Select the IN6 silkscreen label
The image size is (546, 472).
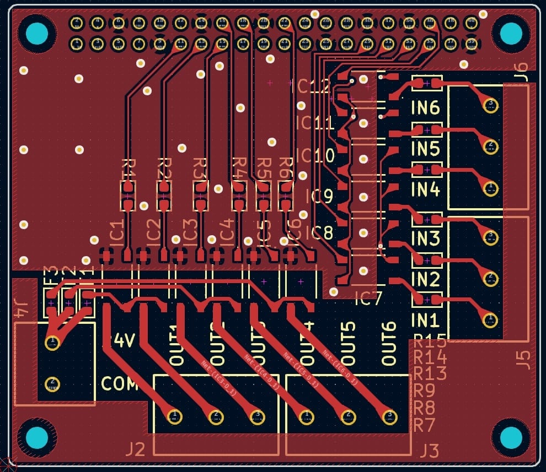tap(426, 107)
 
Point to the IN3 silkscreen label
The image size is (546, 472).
tap(426, 238)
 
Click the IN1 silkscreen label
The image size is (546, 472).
tap(426, 319)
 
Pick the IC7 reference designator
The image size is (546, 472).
tap(368, 299)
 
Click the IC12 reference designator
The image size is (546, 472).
tap(313, 86)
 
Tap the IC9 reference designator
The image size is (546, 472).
tap(319, 196)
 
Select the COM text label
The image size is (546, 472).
tap(119, 383)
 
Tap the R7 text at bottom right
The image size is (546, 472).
tap(424, 425)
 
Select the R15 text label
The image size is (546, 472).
tap(430, 341)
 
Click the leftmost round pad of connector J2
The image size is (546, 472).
tap(174, 416)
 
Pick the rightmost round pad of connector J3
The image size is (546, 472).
tap(389, 415)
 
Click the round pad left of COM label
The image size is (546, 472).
tap(52, 383)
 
